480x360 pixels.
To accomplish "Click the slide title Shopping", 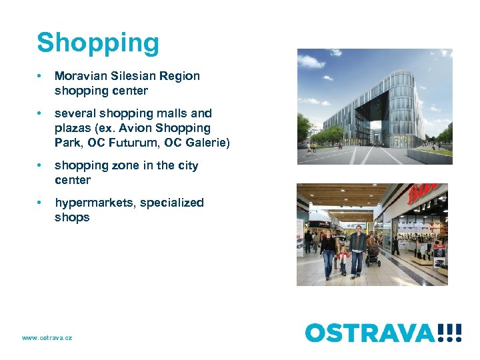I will pos(98,43).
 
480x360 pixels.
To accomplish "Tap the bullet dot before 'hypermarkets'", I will pos(41,203).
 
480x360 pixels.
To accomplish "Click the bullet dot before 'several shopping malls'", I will pos(41,113).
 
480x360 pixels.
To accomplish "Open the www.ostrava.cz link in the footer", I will pos(47,338).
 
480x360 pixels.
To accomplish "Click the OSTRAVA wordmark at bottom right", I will pos(371,333).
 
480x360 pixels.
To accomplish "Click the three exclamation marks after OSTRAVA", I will pos(451,333).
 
